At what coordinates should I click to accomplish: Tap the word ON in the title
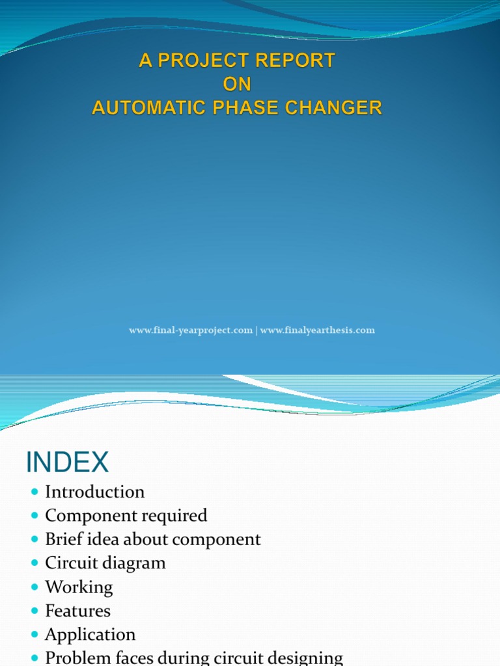237,85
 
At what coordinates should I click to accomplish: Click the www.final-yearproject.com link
191,330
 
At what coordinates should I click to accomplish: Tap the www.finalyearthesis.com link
318,330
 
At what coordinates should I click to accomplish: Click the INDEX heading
67,462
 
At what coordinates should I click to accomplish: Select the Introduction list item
95,492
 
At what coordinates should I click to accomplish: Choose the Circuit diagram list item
105,563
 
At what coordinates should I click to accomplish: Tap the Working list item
79,587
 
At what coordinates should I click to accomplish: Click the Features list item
78,611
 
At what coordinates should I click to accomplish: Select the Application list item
90,635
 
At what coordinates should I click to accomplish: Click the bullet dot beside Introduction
35,492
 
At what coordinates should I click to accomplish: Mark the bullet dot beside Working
35,587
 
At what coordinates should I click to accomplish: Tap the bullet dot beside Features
35,611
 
